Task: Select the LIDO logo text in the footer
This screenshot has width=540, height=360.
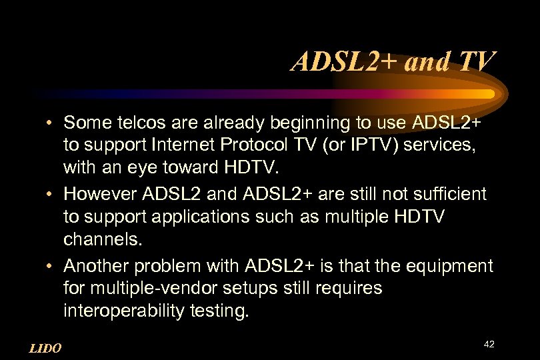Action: (x=45, y=348)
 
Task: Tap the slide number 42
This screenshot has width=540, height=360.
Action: (x=489, y=344)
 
